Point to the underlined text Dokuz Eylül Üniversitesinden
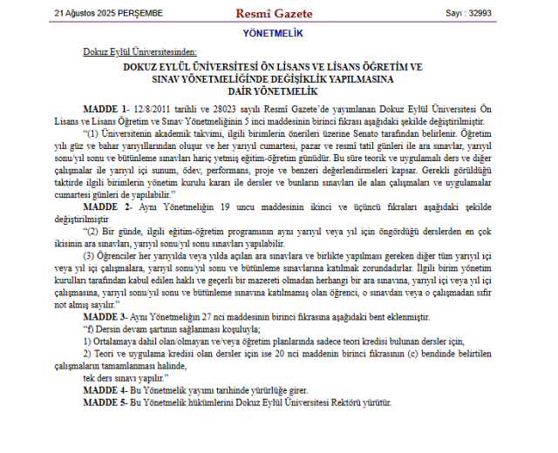(139, 53)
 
